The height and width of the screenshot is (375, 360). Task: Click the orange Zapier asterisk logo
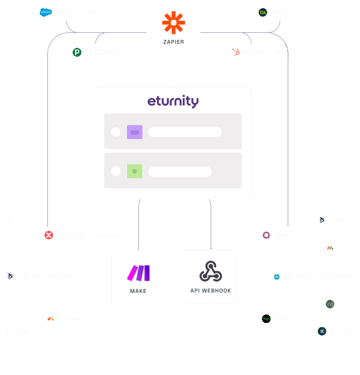tap(173, 23)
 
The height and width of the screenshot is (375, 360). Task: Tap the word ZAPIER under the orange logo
tap(173, 42)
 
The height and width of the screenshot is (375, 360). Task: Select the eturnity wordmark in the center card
tap(173, 101)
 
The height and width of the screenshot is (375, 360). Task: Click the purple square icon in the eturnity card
tap(135, 132)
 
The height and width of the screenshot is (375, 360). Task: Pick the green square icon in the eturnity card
tap(135, 171)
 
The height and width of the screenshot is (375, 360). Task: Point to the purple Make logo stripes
tap(138, 273)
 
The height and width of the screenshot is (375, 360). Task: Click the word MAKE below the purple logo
tap(138, 291)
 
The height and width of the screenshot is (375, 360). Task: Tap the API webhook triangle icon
tap(210, 271)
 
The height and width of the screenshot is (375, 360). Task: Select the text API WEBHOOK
tap(210, 291)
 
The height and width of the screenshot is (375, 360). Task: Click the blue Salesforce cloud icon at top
tap(45, 12)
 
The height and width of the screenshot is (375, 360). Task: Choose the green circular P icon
tap(77, 52)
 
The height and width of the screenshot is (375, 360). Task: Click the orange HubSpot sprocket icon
tap(237, 52)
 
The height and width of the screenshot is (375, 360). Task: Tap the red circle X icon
tap(49, 235)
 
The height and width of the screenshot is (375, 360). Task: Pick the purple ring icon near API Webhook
tap(266, 235)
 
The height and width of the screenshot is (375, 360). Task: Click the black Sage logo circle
tap(266, 319)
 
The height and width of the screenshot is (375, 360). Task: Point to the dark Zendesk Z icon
tap(322, 331)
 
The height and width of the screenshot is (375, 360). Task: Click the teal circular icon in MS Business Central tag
tap(277, 276)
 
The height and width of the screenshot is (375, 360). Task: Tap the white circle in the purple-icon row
tap(116, 132)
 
